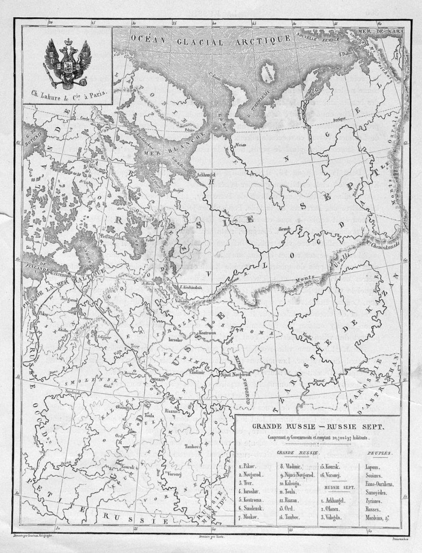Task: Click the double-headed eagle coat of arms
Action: [x=67, y=64]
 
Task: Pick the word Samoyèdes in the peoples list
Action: [x=381, y=491]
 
